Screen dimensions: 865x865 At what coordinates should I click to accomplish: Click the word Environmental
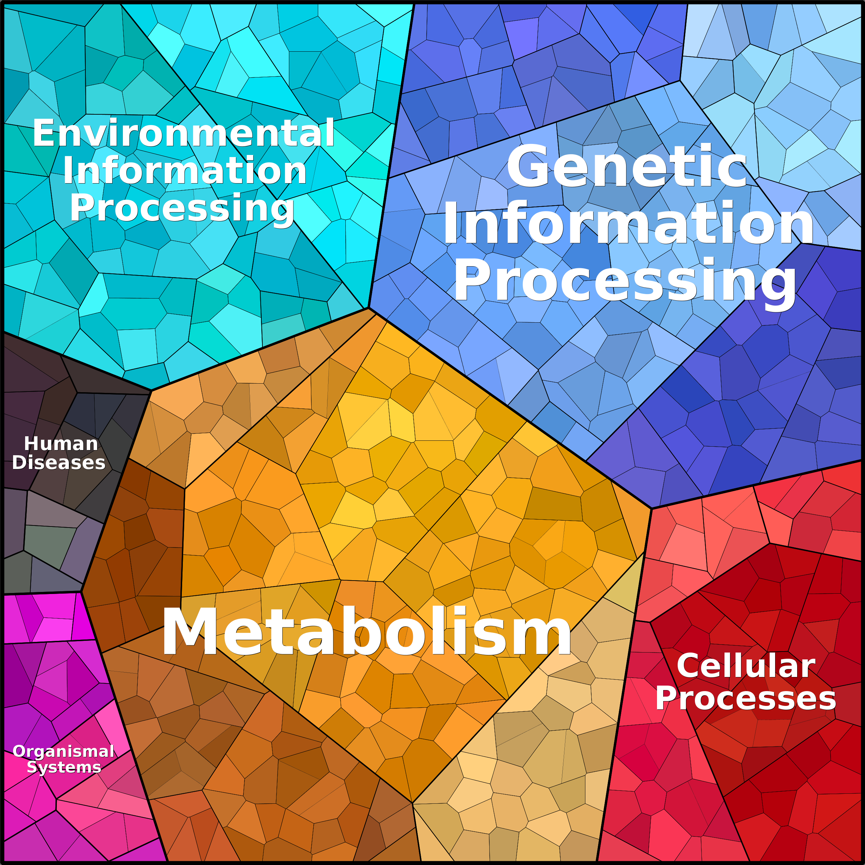tap(184, 133)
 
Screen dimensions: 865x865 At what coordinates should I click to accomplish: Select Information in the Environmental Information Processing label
tap(185, 170)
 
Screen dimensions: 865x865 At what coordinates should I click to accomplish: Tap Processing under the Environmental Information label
tap(182, 208)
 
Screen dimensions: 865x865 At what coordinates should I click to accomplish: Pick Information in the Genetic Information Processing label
tap(628, 223)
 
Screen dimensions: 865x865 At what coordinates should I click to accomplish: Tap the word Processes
tap(746, 698)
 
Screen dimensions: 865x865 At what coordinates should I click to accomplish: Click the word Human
tap(61, 444)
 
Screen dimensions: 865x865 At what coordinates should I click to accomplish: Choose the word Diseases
tap(59, 462)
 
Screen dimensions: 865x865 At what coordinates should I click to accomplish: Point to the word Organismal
tap(64, 751)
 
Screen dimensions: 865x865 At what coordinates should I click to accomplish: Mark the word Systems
tap(64, 767)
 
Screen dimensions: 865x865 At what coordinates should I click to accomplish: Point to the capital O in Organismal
tap(18, 751)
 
